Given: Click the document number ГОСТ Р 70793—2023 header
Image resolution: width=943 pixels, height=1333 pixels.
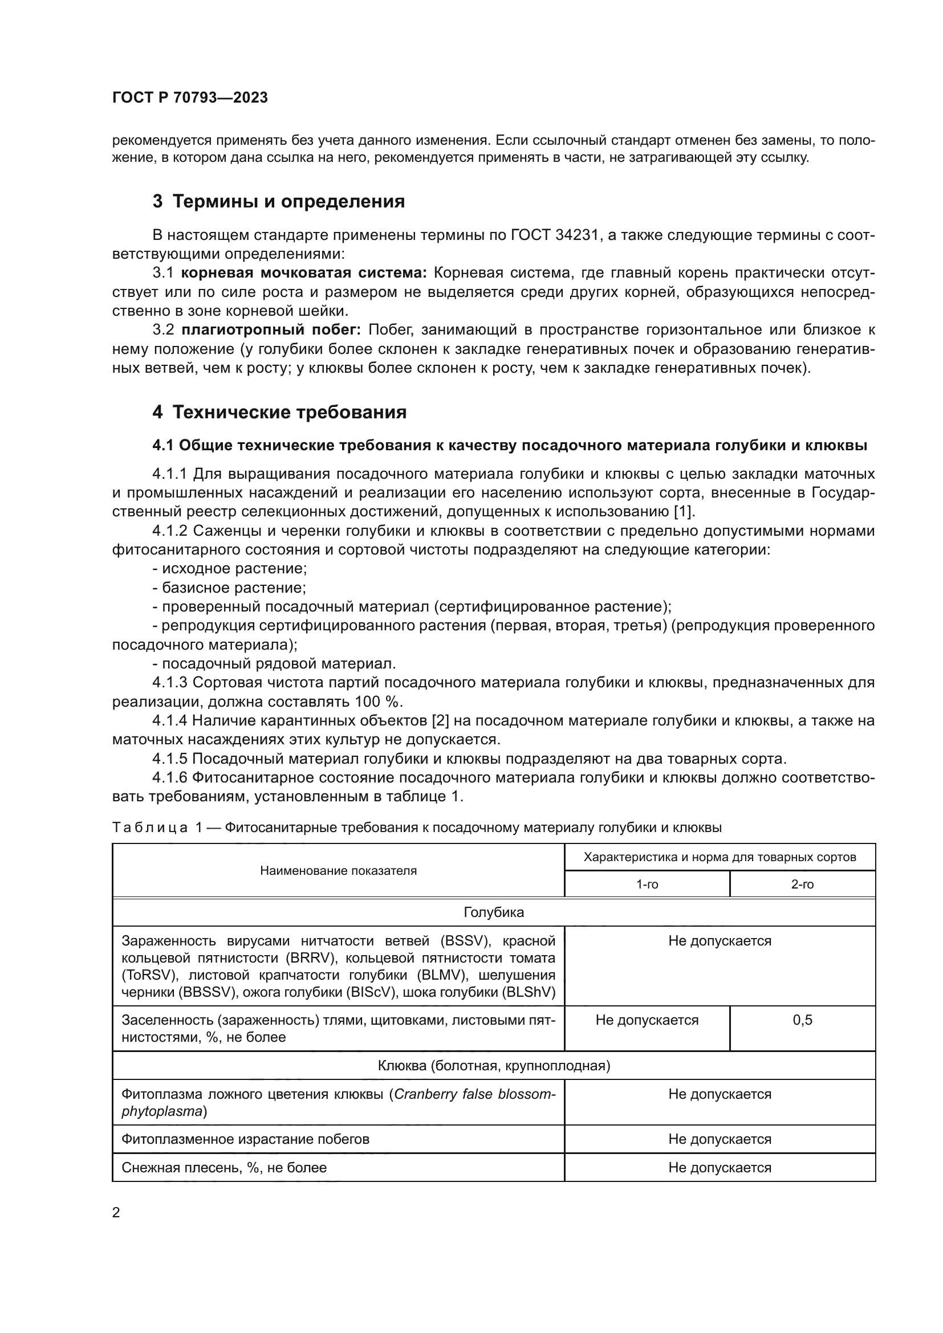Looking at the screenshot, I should click(190, 97).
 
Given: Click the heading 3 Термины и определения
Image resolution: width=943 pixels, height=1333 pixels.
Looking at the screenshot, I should click(279, 201).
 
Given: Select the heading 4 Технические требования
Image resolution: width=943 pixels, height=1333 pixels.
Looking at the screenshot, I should click(279, 412).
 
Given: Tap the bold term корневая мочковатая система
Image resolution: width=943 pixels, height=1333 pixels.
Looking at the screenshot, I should click(304, 273).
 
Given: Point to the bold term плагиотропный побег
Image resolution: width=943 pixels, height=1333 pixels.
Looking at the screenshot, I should click(271, 330).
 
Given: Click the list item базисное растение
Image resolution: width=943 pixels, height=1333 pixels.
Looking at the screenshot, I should click(233, 588).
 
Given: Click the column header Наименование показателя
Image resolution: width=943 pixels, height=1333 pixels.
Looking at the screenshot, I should click(338, 870).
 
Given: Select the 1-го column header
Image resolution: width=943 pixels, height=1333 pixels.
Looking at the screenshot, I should click(647, 884).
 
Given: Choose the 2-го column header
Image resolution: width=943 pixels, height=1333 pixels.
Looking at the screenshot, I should click(803, 884).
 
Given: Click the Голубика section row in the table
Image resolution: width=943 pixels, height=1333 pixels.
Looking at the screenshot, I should click(494, 912).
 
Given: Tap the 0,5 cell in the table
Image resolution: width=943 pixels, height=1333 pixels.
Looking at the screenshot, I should click(803, 1020).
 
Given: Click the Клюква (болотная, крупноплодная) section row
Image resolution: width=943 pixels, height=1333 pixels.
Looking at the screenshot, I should click(494, 1065).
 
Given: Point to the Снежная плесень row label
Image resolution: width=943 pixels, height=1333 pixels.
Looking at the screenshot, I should click(223, 1168).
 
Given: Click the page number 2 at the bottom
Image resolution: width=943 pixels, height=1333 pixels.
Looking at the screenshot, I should click(116, 1212).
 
